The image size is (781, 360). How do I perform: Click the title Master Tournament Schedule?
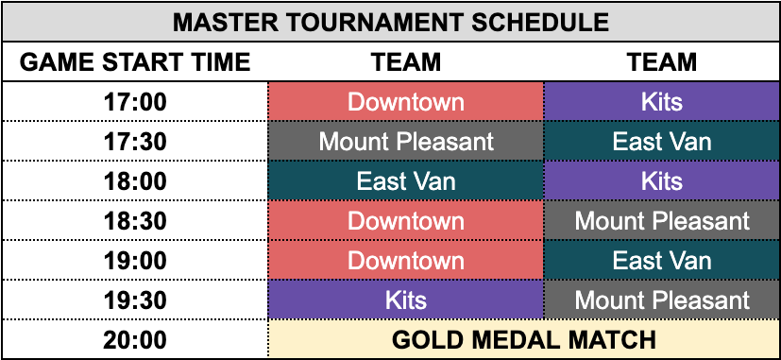(x=391, y=23)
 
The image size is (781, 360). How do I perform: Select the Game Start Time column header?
(x=135, y=62)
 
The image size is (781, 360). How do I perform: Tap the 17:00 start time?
(x=135, y=102)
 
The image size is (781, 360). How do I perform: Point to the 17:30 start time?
(x=135, y=142)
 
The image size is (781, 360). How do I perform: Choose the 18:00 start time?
(x=135, y=181)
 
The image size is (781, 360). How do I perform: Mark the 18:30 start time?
(x=135, y=221)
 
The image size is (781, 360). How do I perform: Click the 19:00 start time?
(x=135, y=261)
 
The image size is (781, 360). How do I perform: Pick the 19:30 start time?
(x=135, y=300)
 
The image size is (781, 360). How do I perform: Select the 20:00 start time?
(x=135, y=340)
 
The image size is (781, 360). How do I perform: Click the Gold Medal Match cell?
(x=524, y=340)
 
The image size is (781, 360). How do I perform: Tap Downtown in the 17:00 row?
(x=406, y=102)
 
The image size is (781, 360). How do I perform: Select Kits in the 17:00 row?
(x=662, y=102)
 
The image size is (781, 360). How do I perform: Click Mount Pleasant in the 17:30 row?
(x=406, y=142)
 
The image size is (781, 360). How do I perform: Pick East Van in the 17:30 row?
(x=662, y=142)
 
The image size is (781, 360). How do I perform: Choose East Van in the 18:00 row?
(x=406, y=181)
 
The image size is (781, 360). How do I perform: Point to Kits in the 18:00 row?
(x=662, y=181)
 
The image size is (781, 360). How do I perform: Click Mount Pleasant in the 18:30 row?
(x=662, y=221)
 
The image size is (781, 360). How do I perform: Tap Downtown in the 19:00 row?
(x=406, y=261)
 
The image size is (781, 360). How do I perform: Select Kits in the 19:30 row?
(x=406, y=300)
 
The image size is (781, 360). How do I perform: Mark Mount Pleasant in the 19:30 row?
(x=662, y=300)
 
